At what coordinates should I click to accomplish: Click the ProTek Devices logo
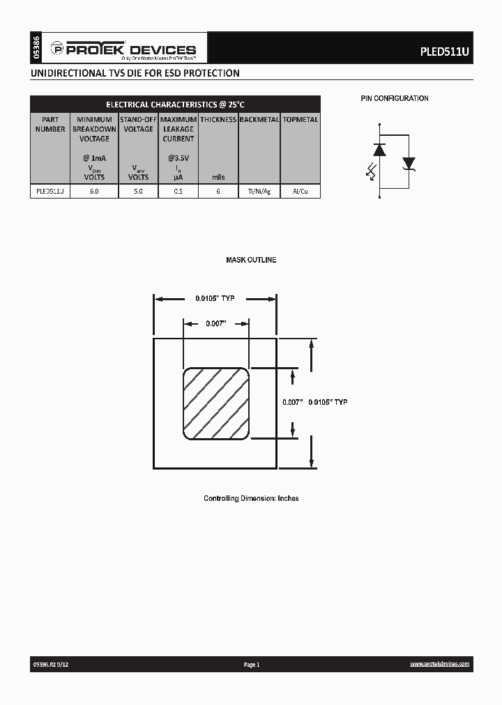click(x=123, y=49)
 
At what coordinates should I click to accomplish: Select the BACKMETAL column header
click(x=259, y=120)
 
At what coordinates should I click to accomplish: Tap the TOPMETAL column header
click(x=301, y=120)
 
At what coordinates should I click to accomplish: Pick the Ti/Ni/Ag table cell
click(x=259, y=191)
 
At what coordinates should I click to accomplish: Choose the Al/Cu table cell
click(x=301, y=191)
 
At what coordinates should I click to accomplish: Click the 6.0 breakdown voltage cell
click(x=94, y=191)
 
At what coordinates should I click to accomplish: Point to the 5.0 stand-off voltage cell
click(x=138, y=191)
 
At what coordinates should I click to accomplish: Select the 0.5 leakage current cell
click(x=178, y=191)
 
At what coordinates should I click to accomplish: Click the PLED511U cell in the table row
click(x=50, y=191)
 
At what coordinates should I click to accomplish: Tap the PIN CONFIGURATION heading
click(x=394, y=99)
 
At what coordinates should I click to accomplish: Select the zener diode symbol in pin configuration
click(x=409, y=164)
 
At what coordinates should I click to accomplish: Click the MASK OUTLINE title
click(x=251, y=260)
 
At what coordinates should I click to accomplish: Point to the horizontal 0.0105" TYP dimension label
click(x=215, y=299)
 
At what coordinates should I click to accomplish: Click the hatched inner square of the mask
click(x=216, y=404)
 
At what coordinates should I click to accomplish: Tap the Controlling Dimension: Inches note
click(x=251, y=499)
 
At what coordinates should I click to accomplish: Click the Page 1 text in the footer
click(x=252, y=665)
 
